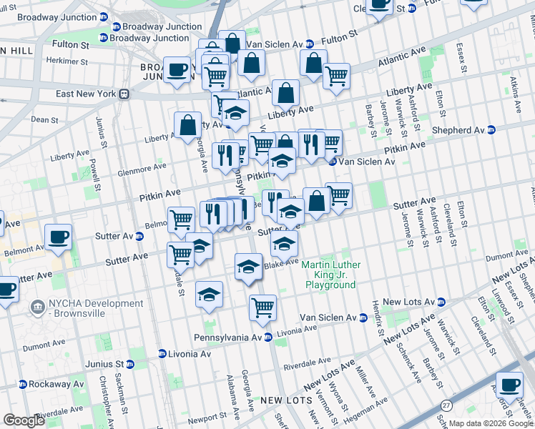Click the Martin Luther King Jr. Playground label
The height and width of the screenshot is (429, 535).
330,275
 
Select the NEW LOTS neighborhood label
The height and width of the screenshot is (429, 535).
283,400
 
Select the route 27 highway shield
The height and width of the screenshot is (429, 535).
447,405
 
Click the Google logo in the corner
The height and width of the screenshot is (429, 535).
24,420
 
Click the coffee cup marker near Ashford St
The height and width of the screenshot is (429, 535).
509,386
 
